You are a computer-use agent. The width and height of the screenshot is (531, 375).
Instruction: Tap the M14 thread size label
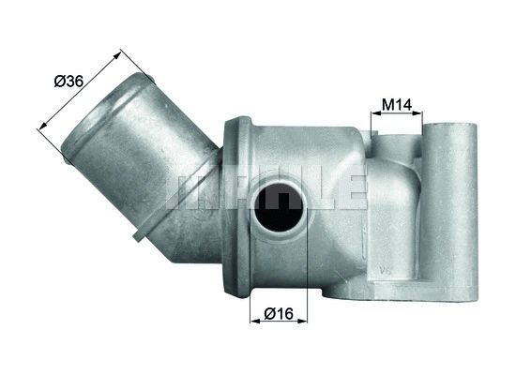[x=398, y=105]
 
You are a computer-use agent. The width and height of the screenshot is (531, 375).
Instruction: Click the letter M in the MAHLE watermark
[x=188, y=189]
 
